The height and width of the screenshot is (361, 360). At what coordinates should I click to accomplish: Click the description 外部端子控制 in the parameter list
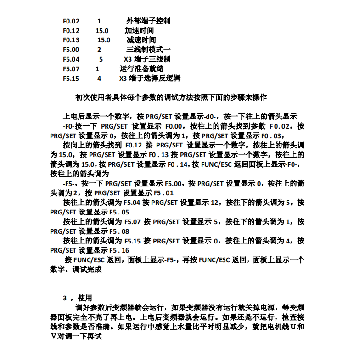148,21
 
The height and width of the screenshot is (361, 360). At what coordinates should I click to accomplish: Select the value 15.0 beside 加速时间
102,31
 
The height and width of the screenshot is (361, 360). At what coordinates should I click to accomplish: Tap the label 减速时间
141,40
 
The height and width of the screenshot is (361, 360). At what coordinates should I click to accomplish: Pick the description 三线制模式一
148,50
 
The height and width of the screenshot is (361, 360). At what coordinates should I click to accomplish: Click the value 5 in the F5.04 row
101,59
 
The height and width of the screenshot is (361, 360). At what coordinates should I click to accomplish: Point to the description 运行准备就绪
141,69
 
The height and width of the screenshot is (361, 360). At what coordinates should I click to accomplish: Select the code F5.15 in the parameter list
71,79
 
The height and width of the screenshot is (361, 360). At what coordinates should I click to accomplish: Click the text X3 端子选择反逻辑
150,79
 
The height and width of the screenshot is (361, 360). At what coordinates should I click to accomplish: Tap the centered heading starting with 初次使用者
171,97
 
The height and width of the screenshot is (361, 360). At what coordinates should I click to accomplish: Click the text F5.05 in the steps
119,212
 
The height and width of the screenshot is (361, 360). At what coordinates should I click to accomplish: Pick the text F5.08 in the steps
119,231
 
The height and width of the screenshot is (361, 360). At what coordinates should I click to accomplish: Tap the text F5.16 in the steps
119,250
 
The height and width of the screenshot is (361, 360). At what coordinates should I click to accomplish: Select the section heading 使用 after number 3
85,298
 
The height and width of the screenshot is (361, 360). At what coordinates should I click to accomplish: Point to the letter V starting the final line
53,337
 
